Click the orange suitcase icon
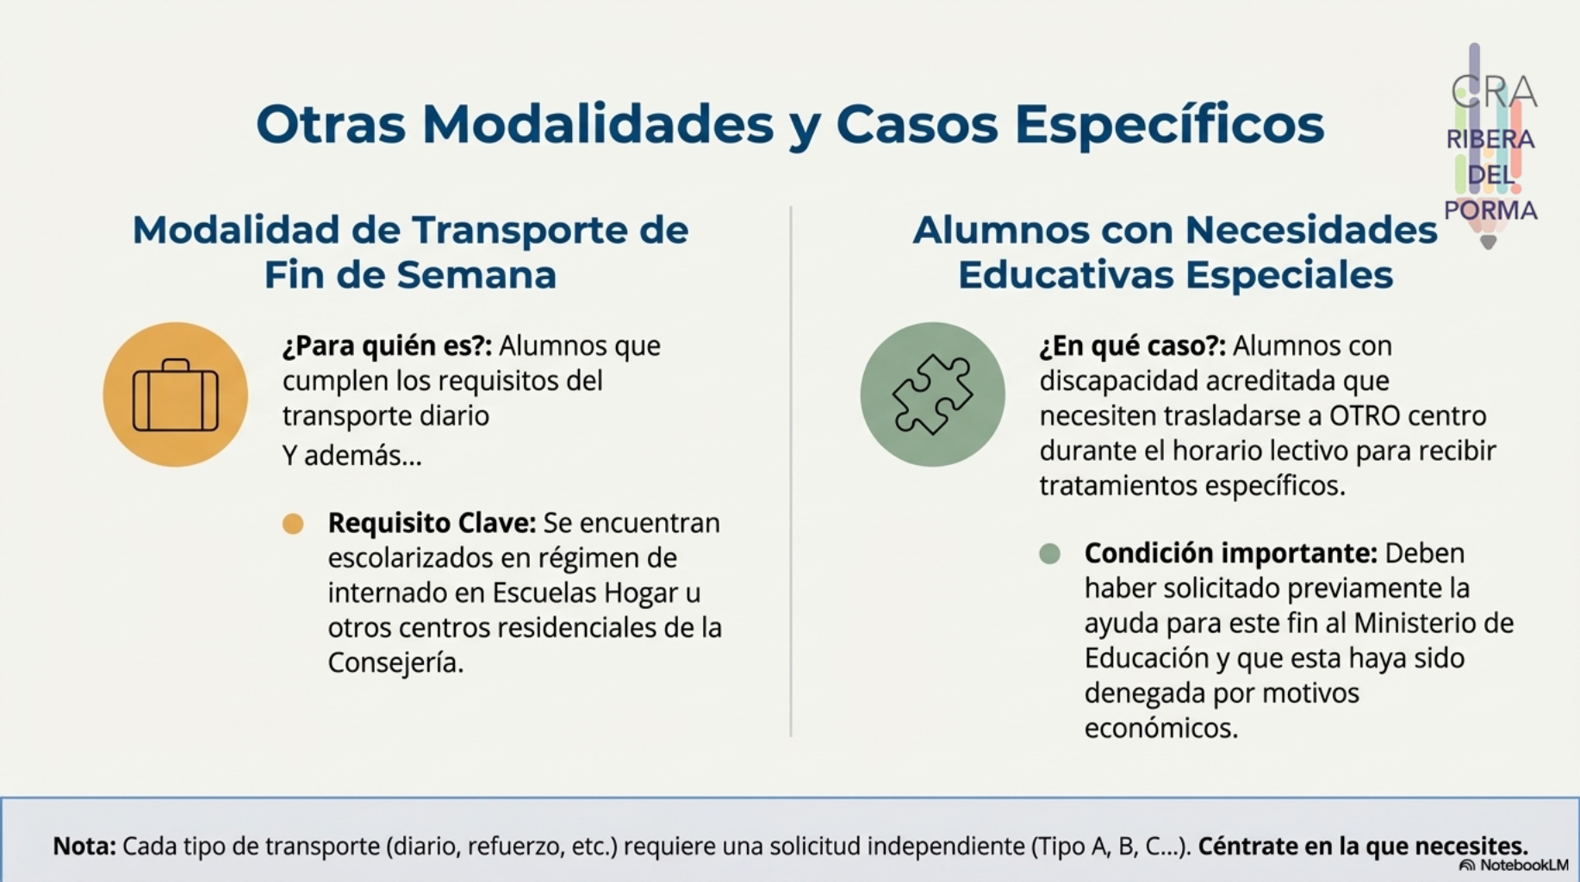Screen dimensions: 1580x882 point(176,394)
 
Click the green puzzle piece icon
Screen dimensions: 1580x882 point(932,394)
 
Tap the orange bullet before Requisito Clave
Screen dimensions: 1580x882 point(293,524)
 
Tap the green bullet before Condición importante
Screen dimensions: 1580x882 point(1049,554)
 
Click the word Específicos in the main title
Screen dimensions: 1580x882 point(1169,124)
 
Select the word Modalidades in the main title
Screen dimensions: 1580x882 point(597,124)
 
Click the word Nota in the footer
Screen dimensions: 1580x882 point(84,846)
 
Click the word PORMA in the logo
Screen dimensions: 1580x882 point(1490,211)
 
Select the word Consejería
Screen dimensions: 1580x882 point(395,663)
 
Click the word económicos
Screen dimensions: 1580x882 point(1160,729)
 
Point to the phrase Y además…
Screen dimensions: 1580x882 point(352,456)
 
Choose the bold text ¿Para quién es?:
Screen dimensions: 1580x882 point(387,346)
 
